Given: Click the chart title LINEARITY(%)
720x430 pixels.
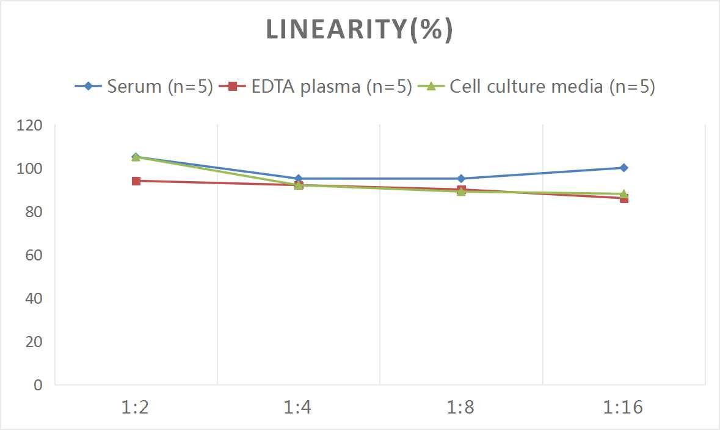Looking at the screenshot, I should (x=360, y=30).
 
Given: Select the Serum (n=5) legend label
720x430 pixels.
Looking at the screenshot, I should (x=159, y=87).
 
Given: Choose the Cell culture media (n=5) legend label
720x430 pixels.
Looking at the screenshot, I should (x=552, y=87).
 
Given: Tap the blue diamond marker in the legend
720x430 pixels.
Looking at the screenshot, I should (x=89, y=87).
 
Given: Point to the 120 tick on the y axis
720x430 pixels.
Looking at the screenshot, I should (x=29, y=125).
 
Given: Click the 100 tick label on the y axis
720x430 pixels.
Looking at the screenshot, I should (x=29, y=168).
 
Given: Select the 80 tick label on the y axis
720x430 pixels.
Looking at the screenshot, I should (x=33, y=212).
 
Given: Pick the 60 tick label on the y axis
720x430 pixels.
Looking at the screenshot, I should (x=33, y=255).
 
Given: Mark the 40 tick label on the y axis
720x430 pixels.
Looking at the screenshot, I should (x=33, y=298).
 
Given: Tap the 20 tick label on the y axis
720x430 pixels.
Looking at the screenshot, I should (x=33, y=342).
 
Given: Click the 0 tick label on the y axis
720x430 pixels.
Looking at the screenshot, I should (x=38, y=385).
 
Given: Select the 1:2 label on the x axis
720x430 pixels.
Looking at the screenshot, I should (x=136, y=407).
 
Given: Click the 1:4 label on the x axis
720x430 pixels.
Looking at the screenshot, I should (x=298, y=407).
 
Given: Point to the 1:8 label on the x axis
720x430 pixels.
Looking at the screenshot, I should (x=461, y=407).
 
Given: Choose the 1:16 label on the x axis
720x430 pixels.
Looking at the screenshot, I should (x=624, y=407).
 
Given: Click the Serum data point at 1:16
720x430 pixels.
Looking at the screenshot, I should (x=624, y=168).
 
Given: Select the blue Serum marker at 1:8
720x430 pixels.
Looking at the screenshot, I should (x=461, y=179).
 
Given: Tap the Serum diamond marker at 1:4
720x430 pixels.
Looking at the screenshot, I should (x=299, y=179).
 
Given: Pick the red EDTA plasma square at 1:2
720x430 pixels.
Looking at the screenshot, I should (x=136, y=181).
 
